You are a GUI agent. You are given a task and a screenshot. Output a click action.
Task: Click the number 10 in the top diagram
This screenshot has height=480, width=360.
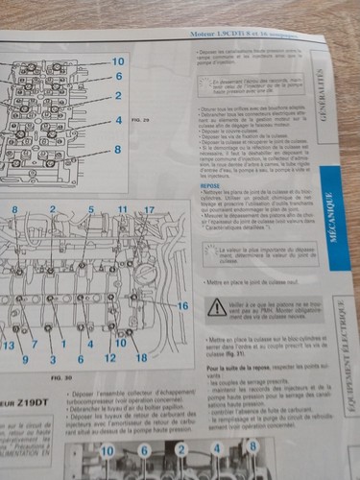[x=118, y=61]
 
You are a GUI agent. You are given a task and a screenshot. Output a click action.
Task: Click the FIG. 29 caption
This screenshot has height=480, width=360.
[x=137, y=124]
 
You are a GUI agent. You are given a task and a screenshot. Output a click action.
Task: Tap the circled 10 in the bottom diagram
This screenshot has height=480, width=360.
[x=107, y=450]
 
